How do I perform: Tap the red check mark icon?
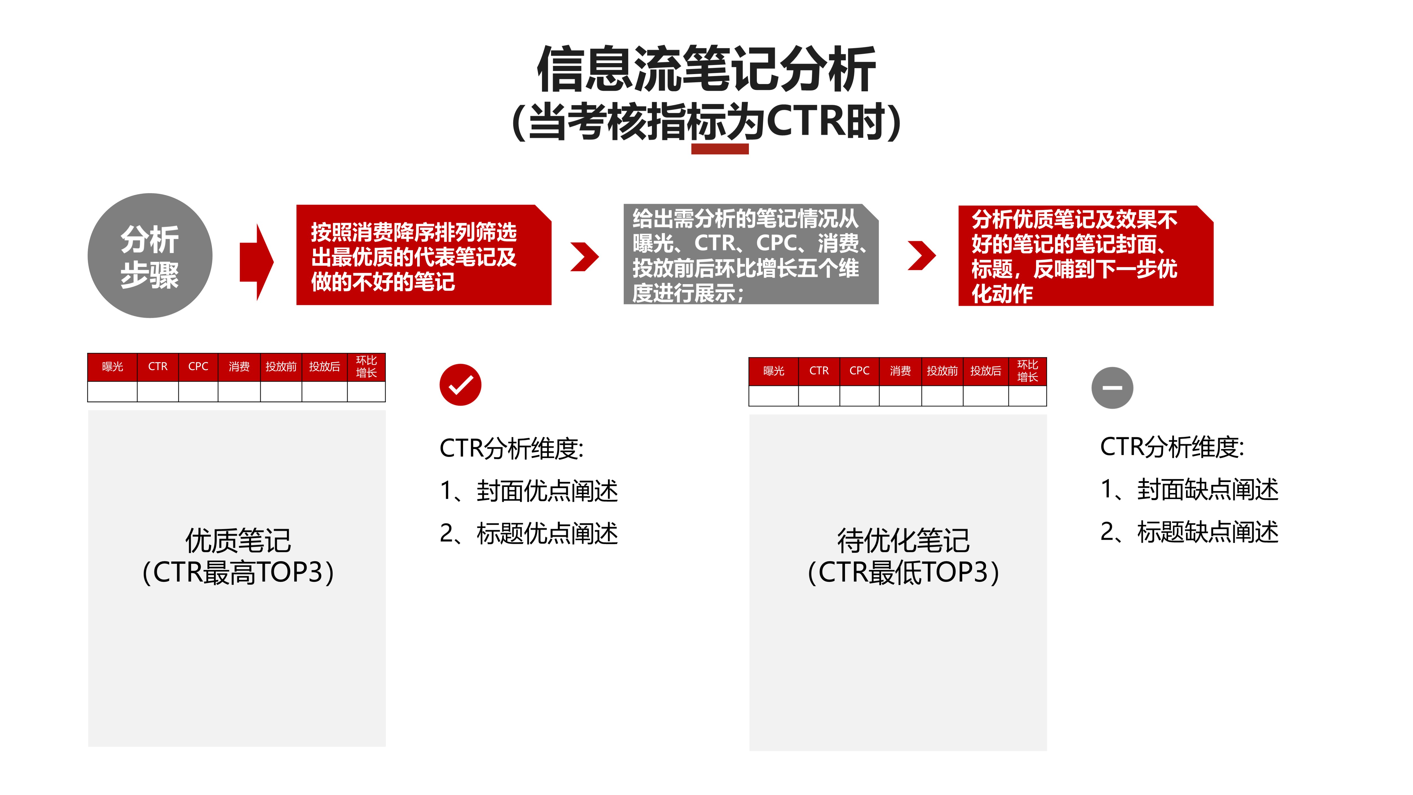pos(460,384)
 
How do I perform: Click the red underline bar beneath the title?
pos(720,149)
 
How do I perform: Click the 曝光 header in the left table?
pos(112,366)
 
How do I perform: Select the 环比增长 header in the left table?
pos(367,366)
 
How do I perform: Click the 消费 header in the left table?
pos(239,366)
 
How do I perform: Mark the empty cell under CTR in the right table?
pos(819,396)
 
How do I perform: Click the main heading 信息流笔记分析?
pos(706,69)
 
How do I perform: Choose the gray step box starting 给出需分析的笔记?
pos(751,254)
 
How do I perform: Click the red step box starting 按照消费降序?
pos(423,255)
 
